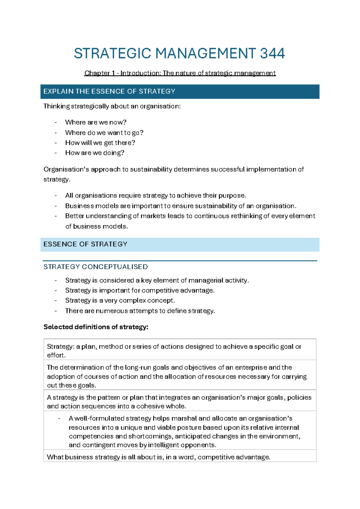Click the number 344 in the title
(272, 53)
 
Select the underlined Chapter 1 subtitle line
(180, 73)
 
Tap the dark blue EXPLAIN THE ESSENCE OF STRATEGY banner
(180, 92)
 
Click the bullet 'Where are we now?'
(96, 122)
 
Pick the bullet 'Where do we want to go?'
(104, 133)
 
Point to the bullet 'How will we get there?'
(100, 143)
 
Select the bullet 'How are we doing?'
(94, 153)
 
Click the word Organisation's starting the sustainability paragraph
(66, 169)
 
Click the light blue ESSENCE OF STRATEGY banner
(180, 244)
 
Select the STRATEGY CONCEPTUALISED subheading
(95, 267)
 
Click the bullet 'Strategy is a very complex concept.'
(120, 300)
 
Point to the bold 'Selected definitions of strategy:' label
(96, 327)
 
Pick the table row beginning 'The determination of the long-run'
(180, 376)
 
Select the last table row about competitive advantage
(158, 457)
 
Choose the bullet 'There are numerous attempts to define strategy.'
(140, 311)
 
